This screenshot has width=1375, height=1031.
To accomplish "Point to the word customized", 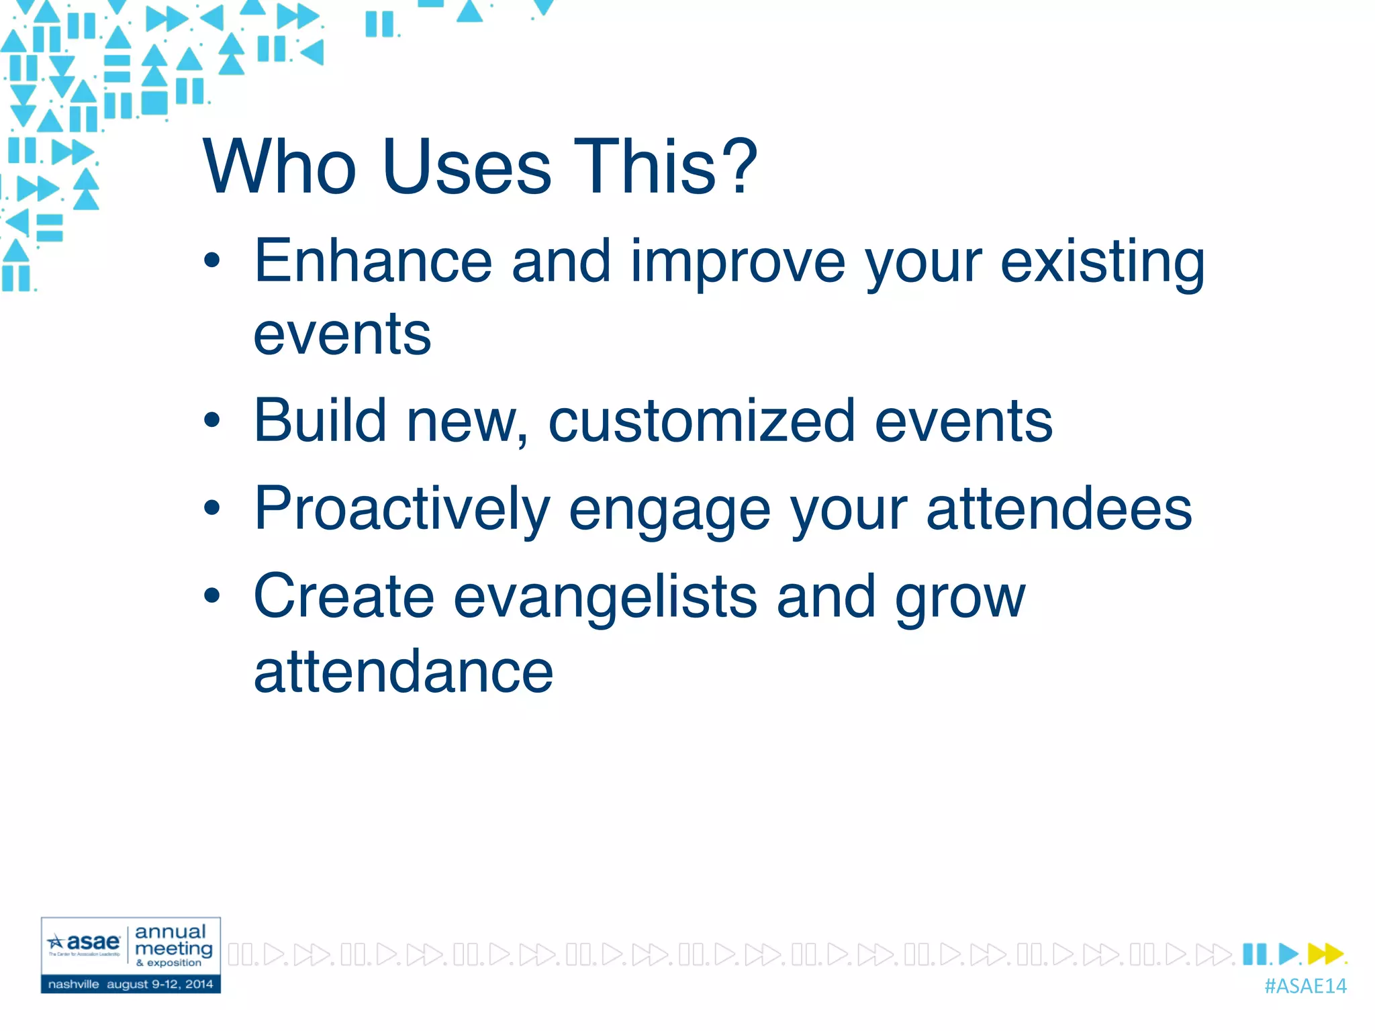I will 702,422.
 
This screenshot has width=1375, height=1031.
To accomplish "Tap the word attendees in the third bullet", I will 1059,509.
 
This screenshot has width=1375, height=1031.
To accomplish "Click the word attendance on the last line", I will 404,671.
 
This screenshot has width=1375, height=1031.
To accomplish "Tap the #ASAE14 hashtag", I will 1305,986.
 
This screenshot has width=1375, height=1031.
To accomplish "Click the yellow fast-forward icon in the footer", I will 1325,953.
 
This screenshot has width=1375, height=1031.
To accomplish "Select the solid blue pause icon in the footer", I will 1254,953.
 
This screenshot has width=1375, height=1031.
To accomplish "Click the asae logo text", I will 93,942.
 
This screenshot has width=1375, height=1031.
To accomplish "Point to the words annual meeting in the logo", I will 173,940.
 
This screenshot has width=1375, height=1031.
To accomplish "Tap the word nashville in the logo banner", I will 73,984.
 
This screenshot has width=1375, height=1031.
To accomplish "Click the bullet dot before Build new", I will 212,421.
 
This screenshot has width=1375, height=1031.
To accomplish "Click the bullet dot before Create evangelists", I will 212,595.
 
